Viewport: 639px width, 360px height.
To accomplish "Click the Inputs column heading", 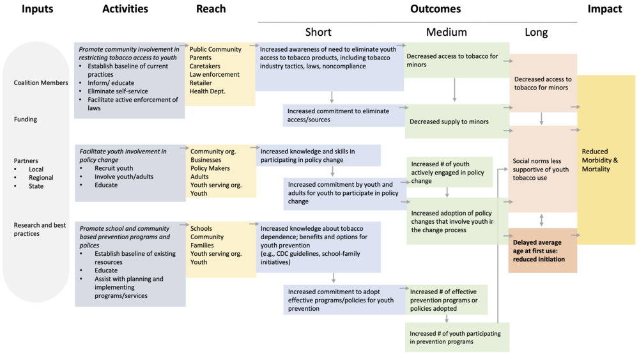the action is (x=38, y=9).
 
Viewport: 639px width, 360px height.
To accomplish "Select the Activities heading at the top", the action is (x=125, y=9).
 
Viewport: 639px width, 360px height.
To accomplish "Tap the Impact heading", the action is (x=604, y=9).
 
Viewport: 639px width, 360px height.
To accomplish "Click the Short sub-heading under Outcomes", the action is (x=318, y=32).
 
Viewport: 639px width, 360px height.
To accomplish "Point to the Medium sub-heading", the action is (x=447, y=32).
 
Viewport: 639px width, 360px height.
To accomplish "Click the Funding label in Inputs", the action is (x=26, y=120).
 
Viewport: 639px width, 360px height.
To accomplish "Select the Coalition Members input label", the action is (x=41, y=82).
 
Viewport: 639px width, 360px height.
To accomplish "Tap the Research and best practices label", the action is (x=40, y=229).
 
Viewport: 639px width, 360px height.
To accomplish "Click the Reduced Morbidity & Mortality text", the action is (x=600, y=160).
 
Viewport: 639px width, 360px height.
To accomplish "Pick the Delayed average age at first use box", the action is (x=543, y=250).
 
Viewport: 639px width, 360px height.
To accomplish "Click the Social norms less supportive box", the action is (x=543, y=169).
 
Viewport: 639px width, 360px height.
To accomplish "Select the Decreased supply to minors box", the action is (x=457, y=121).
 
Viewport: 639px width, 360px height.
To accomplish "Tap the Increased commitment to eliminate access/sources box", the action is (x=344, y=115).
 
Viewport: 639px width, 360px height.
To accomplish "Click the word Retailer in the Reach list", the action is (x=201, y=82).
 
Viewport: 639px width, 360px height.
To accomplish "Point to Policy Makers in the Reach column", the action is (x=210, y=168).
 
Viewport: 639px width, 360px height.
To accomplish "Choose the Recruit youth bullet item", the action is (x=114, y=168).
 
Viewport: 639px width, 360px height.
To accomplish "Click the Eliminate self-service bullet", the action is (x=118, y=91).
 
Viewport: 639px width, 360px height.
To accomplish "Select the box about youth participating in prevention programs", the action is (x=457, y=337).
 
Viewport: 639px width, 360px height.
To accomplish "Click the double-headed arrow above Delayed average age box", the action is (x=541, y=220).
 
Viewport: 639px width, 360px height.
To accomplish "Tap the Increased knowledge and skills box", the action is (x=318, y=155).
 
